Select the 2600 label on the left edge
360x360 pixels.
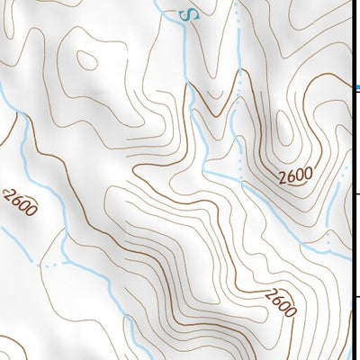[19, 203]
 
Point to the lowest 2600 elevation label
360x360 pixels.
[280, 302]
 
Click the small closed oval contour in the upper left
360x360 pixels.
[88, 60]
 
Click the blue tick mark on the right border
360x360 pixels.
[357, 88]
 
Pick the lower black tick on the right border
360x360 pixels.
[357, 297]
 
